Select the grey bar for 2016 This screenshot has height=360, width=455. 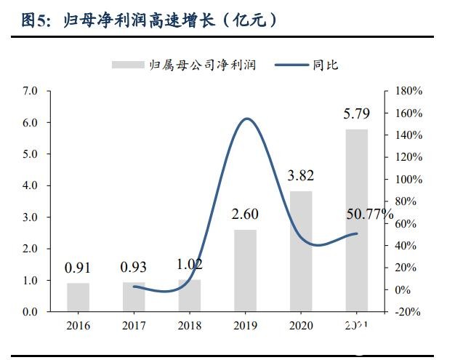(78, 297)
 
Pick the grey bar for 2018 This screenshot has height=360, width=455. (189, 295)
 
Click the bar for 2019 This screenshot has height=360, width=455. (245, 270)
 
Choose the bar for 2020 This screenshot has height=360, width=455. (301, 251)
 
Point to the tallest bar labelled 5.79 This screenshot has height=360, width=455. (356, 220)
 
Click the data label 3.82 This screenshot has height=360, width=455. (300, 176)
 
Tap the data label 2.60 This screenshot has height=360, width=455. (245, 215)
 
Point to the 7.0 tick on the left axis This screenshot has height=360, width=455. (31, 92)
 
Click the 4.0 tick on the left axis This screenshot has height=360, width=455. (31, 186)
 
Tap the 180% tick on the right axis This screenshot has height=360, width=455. (408, 92)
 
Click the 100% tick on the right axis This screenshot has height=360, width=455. (408, 180)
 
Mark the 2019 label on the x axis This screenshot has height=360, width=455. (245, 325)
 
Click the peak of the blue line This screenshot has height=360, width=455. (247, 119)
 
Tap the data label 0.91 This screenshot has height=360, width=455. (78, 268)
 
